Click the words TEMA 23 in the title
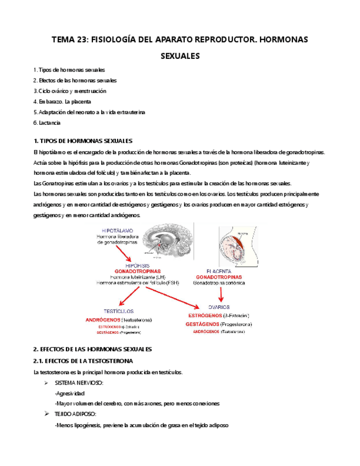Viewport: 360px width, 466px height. [68, 40]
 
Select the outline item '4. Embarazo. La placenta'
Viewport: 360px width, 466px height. [62, 102]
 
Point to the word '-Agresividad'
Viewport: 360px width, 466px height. [70, 393]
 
